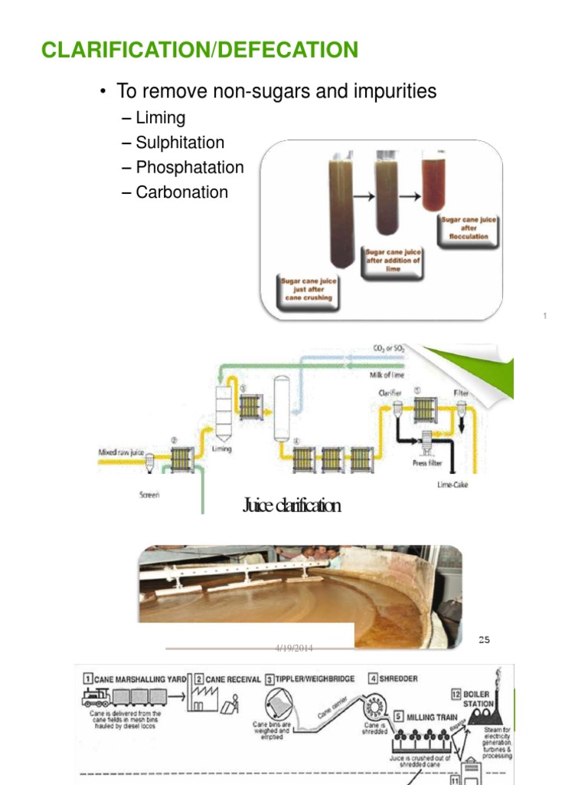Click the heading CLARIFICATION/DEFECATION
tap(199, 51)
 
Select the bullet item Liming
tap(160, 118)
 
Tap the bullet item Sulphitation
tap(180, 143)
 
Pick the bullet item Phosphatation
tap(189, 167)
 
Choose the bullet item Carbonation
tap(181, 192)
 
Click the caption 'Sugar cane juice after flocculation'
tap(469, 228)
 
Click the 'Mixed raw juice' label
tap(119, 452)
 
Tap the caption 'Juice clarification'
tap(291, 505)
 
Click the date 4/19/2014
tap(295, 648)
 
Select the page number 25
tap(484, 639)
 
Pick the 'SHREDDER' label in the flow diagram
tap(400, 678)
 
